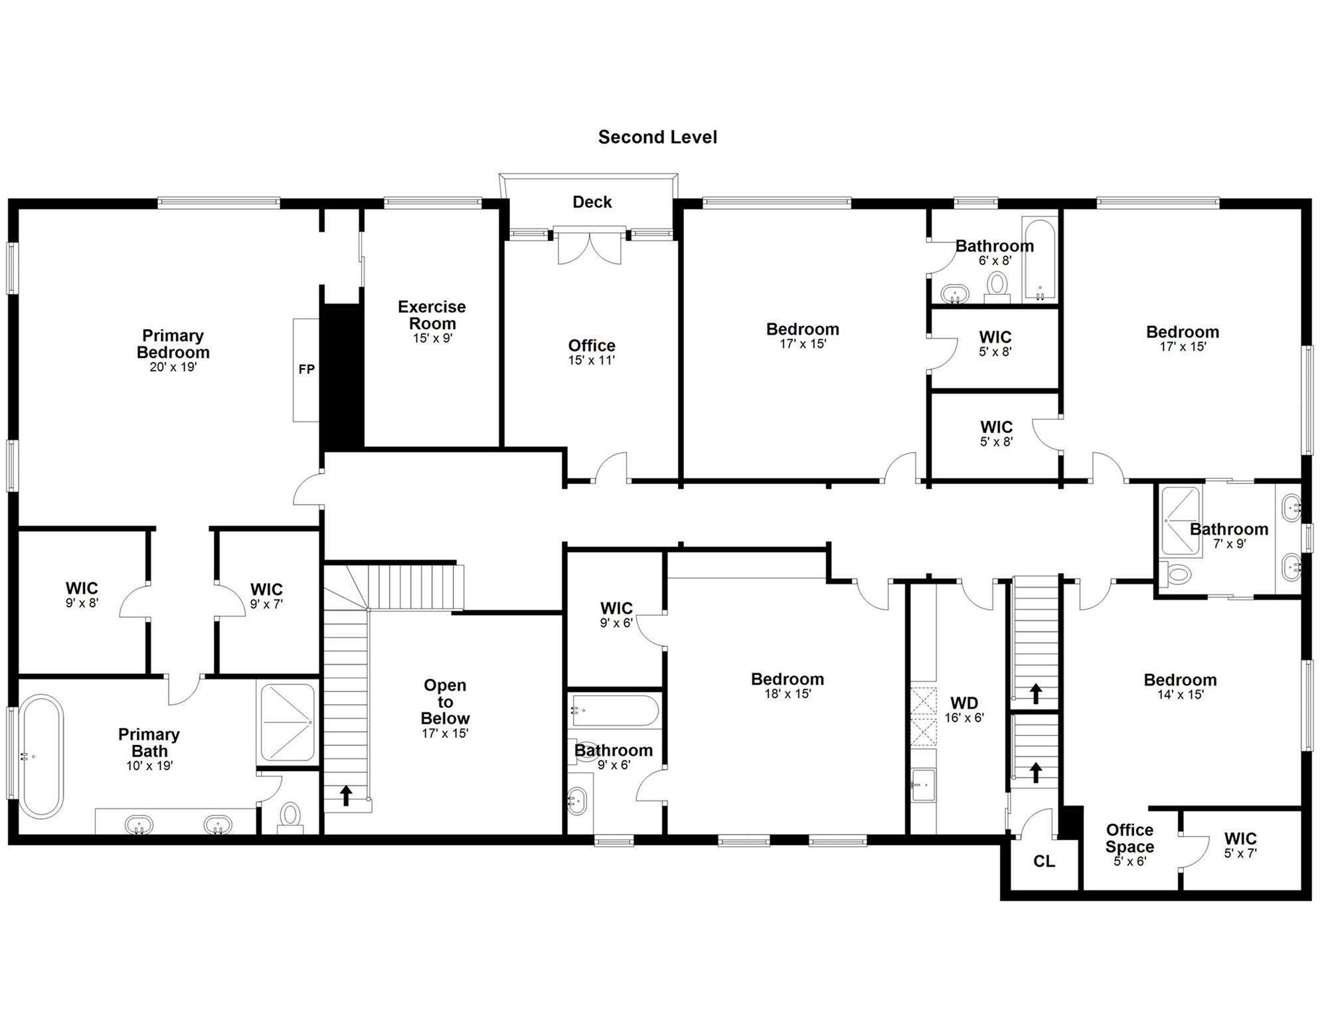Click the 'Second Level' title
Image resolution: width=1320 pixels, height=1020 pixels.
pos(657,137)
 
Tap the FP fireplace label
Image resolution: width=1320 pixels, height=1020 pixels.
pos(306,369)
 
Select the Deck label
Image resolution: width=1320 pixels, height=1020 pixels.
pos(592,202)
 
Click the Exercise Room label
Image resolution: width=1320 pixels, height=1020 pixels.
pos(432,315)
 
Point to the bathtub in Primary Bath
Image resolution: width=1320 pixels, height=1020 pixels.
pos(41,756)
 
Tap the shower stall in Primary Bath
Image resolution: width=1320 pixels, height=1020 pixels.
pos(287,722)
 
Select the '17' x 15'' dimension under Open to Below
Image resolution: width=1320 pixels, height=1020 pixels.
pos(445,734)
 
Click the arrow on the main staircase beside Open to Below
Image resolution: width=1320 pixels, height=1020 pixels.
pos(346,795)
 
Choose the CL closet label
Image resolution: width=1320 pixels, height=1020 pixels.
pos(1044,861)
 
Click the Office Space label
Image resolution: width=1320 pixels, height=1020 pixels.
pos(1129,838)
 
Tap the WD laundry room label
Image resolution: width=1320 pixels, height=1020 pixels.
pos(964,703)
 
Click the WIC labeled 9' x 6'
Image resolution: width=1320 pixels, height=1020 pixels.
pos(616,608)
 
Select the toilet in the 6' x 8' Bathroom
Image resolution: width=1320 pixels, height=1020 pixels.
pos(997,286)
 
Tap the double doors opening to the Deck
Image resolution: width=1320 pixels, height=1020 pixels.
pos(590,247)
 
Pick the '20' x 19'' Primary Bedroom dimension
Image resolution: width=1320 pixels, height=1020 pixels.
pos(173,367)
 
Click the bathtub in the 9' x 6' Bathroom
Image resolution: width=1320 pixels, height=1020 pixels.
pos(615,711)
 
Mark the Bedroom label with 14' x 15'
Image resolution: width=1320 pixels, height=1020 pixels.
pos(1180,680)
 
